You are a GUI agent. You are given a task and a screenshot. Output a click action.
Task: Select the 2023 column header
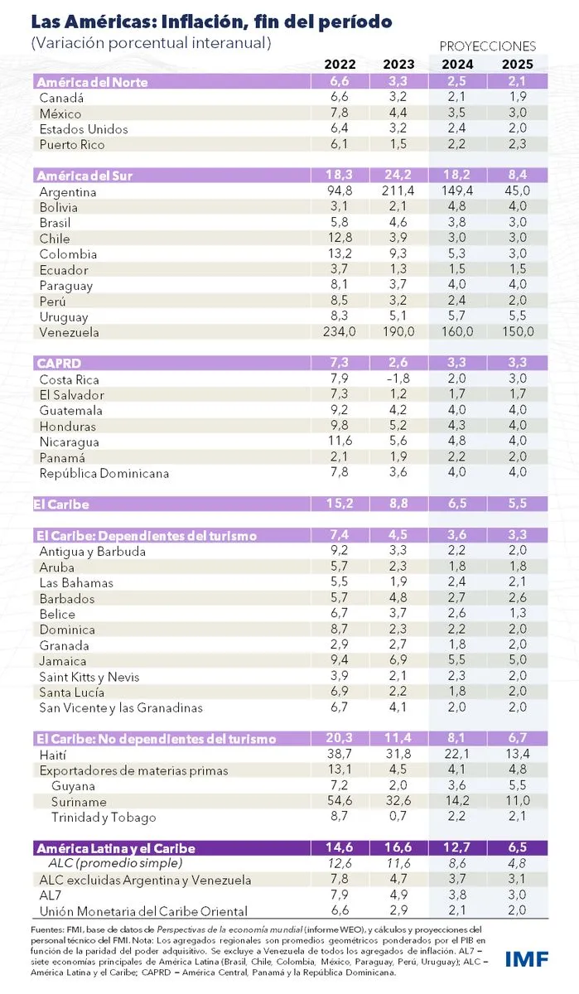pyautogui.click(x=398, y=64)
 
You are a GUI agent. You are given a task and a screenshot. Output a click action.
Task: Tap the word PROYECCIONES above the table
pyautogui.click(x=487, y=46)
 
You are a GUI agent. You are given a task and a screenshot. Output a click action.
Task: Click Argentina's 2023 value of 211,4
pyautogui.click(x=397, y=191)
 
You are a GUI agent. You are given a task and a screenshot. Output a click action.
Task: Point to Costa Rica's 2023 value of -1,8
pyautogui.click(x=399, y=379)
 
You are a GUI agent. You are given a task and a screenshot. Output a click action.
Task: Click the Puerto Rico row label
pyautogui.click(x=72, y=145)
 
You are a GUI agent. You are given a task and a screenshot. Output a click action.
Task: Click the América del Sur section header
pyautogui.click(x=84, y=176)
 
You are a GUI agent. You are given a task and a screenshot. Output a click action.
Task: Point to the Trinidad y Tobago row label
pyautogui.click(x=104, y=818)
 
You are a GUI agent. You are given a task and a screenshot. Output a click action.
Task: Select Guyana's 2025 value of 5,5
pyautogui.click(x=518, y=786)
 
